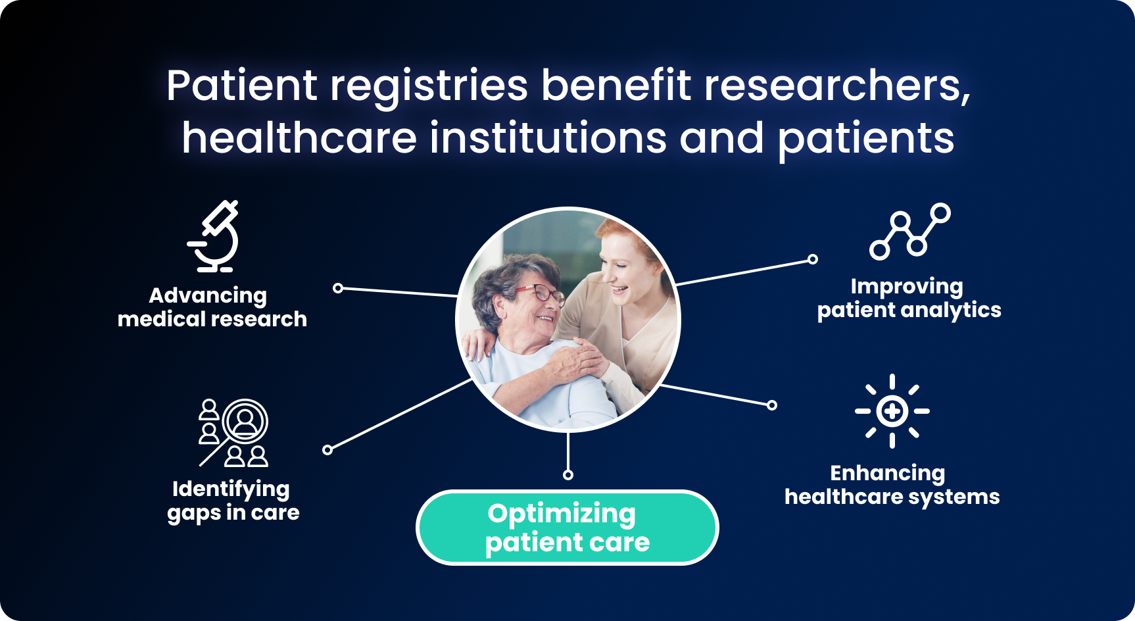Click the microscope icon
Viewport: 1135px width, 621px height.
(x=214, y=236)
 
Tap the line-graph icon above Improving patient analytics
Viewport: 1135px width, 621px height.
(x=909, y=231)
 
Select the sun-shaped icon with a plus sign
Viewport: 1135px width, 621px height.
(x=892, y=411)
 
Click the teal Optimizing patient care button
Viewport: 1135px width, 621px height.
(x=567, y=528)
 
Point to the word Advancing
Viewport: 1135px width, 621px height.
(x=208, y=295)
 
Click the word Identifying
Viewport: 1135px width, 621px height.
(x=231, y=489)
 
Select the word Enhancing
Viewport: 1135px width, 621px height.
(x=888, y=473)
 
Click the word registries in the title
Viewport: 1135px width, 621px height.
(x=429, y=86)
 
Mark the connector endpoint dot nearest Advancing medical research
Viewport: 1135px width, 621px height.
(x=338, y=287)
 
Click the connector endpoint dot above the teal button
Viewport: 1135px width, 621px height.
(x=568, y=475)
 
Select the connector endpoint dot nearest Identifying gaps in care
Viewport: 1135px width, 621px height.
(x=327, y=450)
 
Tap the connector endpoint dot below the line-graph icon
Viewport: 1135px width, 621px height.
(x=813, y=259)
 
